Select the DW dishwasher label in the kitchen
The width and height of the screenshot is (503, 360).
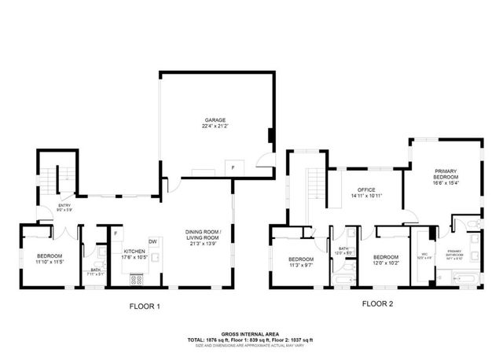pyautogui.click(x=154, y=241)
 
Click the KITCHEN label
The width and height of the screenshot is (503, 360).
pyautogui.click(x=134, y=251)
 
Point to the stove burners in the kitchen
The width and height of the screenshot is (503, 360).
pyautogui.click(x=136, y=277)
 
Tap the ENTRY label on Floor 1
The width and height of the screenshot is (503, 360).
pyautogui.click(x=64, y=207)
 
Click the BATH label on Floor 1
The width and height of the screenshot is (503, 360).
pyautogui.click(x=94, y=270)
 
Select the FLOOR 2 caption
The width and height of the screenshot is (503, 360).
pyautogui.click(x=377, y=303)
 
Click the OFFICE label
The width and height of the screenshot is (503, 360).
pyautogui.click(x=365, y=190)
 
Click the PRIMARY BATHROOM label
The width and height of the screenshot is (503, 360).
pyautogui.click(x=454, y=255)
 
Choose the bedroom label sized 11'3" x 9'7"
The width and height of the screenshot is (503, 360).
pyautogui.click(x=300, y=259)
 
